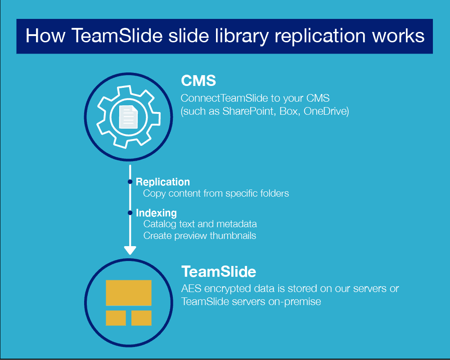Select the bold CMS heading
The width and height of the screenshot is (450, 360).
(198, 81)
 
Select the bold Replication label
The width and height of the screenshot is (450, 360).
(163, 182)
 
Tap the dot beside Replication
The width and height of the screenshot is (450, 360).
(130, 182)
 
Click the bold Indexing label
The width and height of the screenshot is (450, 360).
(156, 213)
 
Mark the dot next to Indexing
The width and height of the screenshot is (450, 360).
(130, 213)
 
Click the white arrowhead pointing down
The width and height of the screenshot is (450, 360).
(130, 250)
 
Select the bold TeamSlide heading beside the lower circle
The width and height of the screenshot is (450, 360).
(219, 272)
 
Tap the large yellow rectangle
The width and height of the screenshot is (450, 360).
(129, 292)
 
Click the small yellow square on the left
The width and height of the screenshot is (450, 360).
(116, 318)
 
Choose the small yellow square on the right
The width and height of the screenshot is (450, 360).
(141, 318)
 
